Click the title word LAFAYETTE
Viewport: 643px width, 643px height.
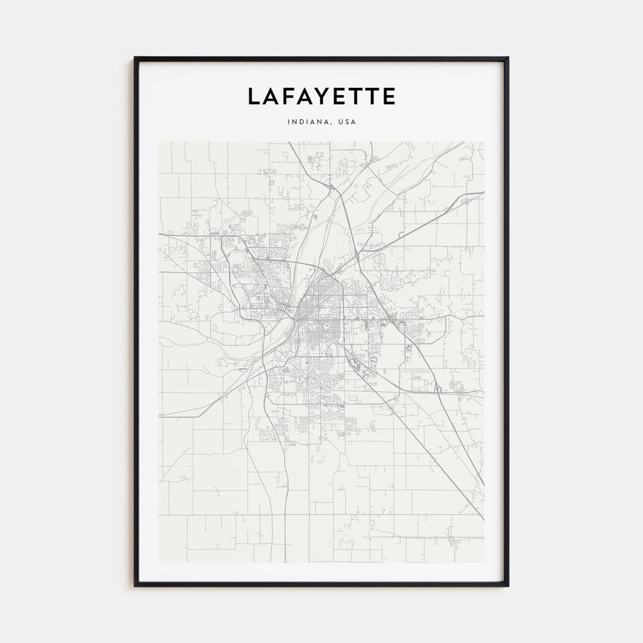pos(321,96)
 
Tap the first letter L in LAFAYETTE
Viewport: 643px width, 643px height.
pos(254,96)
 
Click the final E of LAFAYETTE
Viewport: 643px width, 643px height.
pos(388,96)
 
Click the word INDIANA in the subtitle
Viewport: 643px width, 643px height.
pos(309,121)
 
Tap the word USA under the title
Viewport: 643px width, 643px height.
pos(347,121)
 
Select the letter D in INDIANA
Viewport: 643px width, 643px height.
pos(300,121)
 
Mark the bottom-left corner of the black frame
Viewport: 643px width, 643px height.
pos(135,585)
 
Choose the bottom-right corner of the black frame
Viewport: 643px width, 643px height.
pos(508,585)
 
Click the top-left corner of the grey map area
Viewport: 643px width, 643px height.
pos(159,142)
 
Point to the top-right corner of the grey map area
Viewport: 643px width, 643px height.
pos(484,142)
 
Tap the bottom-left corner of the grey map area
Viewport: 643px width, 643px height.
pos(159,562)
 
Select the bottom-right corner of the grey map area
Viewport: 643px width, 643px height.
pos(484,562)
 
